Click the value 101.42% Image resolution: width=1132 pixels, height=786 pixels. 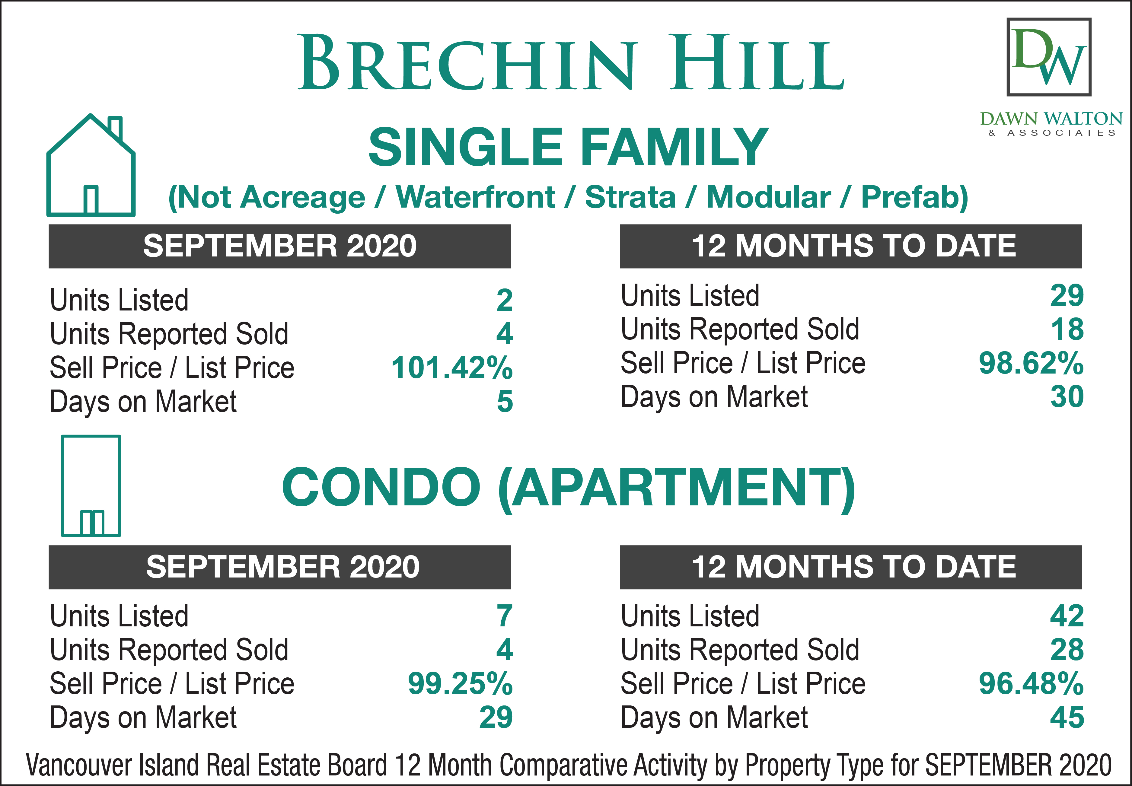pyautogui.click(x=452, y=368)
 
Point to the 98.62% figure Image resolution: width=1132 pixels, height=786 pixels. pyautogui.click(x=1031, y=363)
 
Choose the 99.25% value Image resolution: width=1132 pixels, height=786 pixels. pyautogui.click(x=460, y=684)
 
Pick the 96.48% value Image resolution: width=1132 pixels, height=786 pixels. pyautogui.click(x=1031, y=684)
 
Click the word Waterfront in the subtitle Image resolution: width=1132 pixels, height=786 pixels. pyautogui.click(x=475, y=198)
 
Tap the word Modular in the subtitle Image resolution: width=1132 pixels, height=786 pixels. pyautogui.click(x=768, y=198)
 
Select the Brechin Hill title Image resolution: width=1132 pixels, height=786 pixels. pyautogui.click(x=571, y=62)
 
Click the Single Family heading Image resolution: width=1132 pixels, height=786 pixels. pyautogui.click(x=569, y=147)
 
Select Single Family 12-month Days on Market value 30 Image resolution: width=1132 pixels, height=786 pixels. pyautogui.click(x=1067, y=397)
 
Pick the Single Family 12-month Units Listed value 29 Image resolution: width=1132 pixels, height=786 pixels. pyautogui.click(x=1067, y=295)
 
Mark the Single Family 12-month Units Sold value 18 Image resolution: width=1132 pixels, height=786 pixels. pyautogui.click(x=1067, y=329)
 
